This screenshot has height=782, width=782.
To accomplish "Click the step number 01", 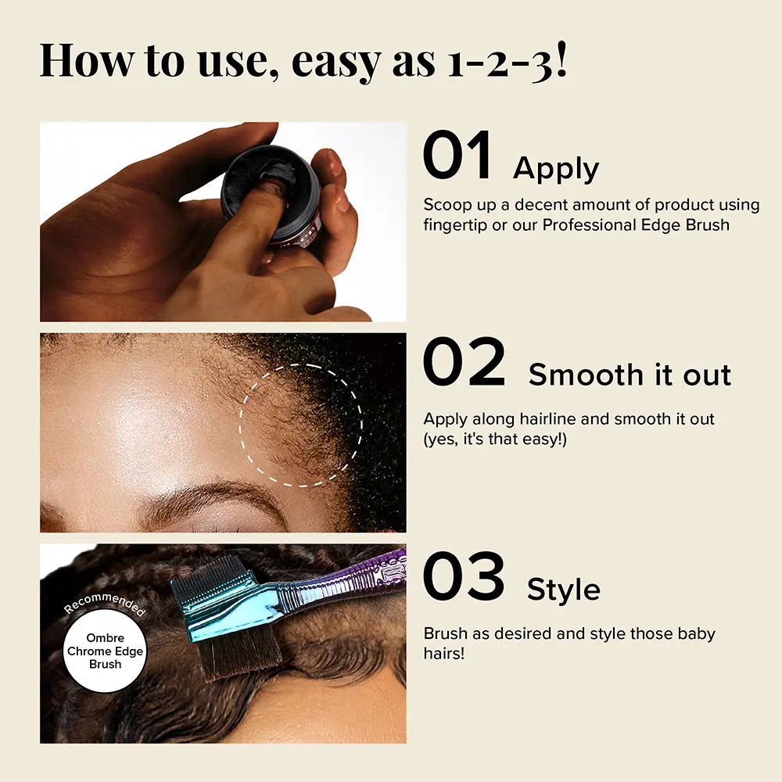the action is (457, 155).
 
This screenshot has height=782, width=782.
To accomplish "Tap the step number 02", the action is (465, 361).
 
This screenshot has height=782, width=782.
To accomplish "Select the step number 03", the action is (464, 576).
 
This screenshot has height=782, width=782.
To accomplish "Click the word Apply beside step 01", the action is (555, 170).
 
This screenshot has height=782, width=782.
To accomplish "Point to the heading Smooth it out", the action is (630, 375).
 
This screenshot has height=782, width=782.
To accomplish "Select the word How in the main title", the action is (87, 59).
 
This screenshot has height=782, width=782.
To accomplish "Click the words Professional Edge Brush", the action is (636, 225).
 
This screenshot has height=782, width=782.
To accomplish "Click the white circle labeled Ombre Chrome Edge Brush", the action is (106, 651).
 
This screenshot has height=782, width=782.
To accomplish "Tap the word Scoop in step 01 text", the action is (447, 205).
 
